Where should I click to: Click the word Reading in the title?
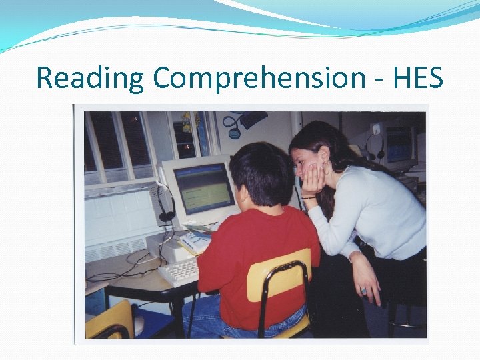coord(90,78)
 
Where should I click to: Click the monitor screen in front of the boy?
coord(203,189)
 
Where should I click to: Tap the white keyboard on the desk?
coord(179,271)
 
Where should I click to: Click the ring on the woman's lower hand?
coord(363,291)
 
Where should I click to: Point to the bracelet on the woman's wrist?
coord(309,197)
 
